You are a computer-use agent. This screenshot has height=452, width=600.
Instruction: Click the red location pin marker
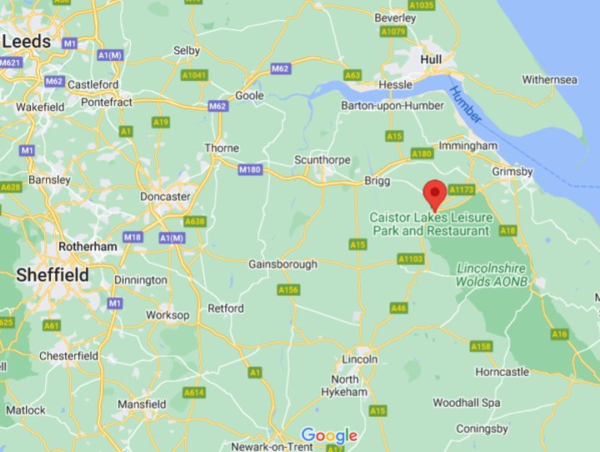pos(434,193)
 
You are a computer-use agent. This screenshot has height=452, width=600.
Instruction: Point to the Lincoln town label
pos(360,359)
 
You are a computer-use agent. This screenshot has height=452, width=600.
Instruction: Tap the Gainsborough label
pos(283,264)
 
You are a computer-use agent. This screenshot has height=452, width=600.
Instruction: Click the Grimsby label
pos(512,171)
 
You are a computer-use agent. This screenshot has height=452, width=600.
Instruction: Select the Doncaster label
pos(165,196)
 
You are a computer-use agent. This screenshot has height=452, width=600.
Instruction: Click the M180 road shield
pos(249,169)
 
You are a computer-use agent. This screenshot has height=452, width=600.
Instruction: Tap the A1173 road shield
pos(461,190)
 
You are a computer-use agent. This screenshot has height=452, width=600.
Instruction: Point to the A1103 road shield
pos(411,259)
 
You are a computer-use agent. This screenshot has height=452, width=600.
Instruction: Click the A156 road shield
pos(288,289)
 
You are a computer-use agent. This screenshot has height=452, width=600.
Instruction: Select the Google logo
pos(329,435)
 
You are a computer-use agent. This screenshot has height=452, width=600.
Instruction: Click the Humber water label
pos(465,105)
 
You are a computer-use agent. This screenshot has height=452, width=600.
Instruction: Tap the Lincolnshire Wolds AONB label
pos(491,275)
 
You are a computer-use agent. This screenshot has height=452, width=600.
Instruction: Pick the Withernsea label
pos(549,80)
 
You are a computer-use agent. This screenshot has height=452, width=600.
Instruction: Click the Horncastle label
pos(502,371)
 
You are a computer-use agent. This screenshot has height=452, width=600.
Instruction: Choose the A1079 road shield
pos(392,33)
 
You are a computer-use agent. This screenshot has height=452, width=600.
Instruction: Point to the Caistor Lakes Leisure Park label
pos(430,223)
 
